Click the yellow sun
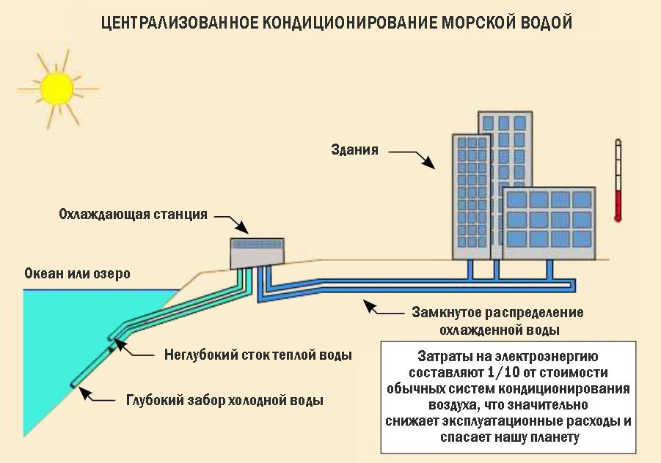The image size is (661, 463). (56, 86)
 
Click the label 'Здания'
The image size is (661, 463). (354, 151)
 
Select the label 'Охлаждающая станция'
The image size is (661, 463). (133, 215)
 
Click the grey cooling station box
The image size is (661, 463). (257, 253)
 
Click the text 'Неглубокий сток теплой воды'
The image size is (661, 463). (258, 355)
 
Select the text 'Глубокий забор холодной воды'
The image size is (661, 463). (224, 400)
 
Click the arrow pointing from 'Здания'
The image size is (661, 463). (412, 158)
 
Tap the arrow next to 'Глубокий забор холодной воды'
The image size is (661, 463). (97, 396)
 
